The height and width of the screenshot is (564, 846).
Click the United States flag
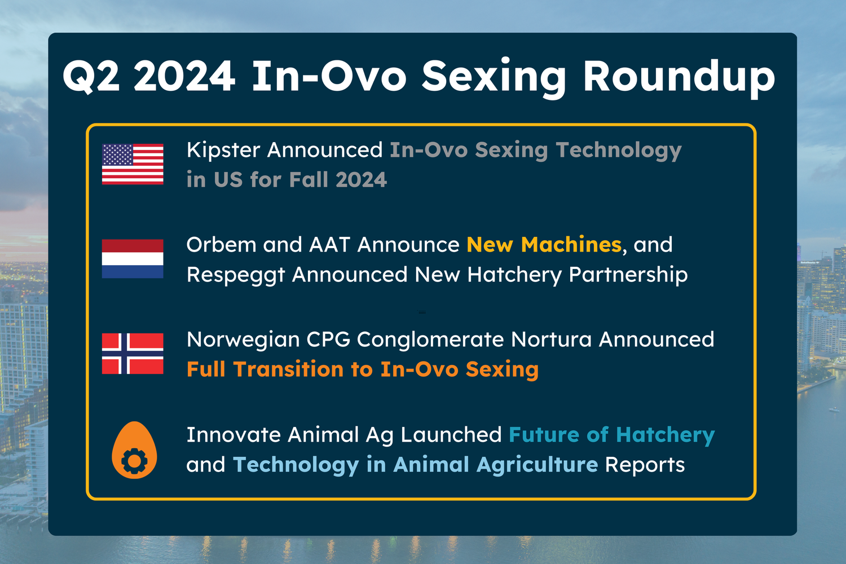[133, 164]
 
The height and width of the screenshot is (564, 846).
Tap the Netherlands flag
[133, 259]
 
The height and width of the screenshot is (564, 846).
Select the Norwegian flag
[133, 354]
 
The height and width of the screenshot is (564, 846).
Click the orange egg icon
[134, 450]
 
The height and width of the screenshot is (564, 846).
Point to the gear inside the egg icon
[134, 461]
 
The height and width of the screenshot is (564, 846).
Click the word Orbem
[222, 244]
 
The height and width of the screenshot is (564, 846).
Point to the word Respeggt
[236, 275]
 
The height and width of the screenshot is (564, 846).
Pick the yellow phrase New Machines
[544, 244]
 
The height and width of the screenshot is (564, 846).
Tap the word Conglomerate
[430, 340]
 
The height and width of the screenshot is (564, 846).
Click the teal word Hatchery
[666, 435]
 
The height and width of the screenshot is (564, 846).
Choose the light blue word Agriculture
[537, 465]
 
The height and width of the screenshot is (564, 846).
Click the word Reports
[645, 465]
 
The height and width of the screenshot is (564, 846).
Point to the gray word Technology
[619, 151]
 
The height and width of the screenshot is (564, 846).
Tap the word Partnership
[628, 275]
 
